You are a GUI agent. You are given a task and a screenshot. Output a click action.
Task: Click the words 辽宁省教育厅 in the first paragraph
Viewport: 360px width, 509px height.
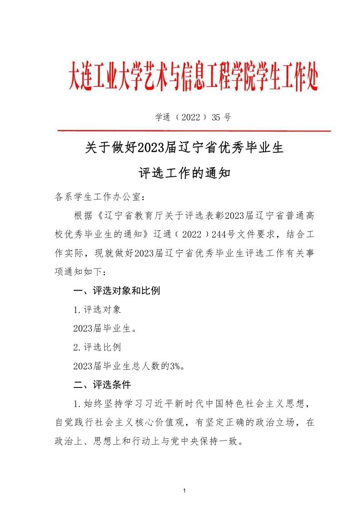tap(130, 215)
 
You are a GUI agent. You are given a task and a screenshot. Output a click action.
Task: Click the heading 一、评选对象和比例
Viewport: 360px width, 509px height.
tap(117, 291)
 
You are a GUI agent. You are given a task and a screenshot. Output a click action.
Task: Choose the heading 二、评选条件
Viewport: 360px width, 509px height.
tap(102, 385)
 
